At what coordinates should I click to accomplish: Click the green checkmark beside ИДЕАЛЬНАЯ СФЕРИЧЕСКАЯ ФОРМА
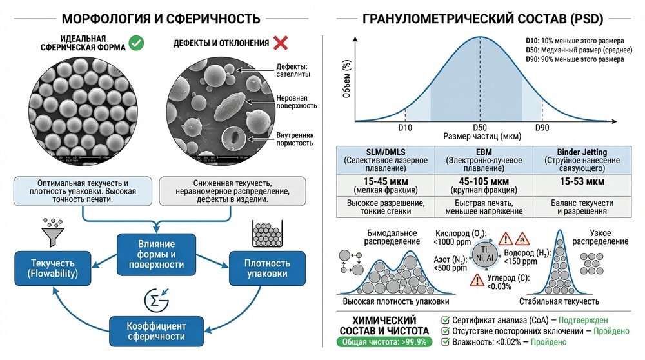136,43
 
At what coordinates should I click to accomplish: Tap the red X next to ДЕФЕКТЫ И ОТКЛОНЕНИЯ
280,43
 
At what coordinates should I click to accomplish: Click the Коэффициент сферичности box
151,330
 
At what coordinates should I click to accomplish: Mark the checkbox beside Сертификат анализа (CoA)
445,320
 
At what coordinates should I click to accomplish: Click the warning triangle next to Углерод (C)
477,279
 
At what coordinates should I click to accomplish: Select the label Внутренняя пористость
295,139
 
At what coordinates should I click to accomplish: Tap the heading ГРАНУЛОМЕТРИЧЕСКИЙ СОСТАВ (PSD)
484,18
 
